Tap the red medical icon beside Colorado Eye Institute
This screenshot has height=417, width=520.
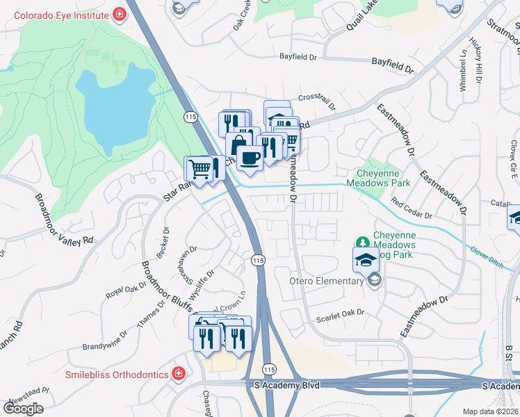120,13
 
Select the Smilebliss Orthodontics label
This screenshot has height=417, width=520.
116,375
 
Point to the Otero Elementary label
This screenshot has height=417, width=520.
326,281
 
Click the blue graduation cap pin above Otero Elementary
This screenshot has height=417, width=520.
366,261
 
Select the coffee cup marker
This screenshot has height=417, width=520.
250,157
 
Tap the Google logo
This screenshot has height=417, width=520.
23,409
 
